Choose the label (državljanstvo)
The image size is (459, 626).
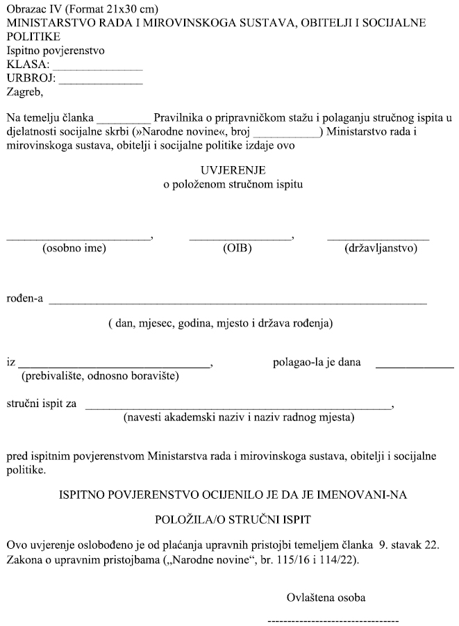[381, 248]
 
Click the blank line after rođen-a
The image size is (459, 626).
[237, 304]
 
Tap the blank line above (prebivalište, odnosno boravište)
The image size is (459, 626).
[115, 365]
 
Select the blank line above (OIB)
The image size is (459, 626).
[240, 238]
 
